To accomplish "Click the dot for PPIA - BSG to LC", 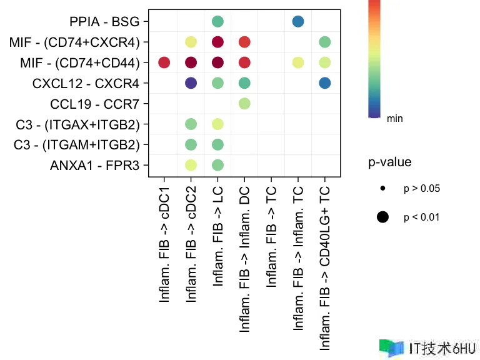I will [217, 22].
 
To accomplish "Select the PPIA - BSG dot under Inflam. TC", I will [298, 22].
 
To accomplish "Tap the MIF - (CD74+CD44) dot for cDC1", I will [164, 62].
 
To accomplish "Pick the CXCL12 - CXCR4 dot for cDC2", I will [191, 82].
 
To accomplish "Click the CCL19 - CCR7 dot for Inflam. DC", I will [244, 103].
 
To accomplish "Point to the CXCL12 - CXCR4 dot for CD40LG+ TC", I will [324, 82].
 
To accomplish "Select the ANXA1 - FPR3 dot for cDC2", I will [191, 165].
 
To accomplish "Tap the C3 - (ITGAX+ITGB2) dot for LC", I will [217, 124].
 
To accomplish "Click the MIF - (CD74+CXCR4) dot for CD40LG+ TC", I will [324, 42].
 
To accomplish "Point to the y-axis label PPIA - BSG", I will [104, 22].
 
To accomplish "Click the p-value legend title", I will [389, 162].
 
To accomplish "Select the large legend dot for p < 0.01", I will [382, 217].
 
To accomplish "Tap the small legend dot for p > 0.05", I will [382, 188].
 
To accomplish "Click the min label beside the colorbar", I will [395, 118].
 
